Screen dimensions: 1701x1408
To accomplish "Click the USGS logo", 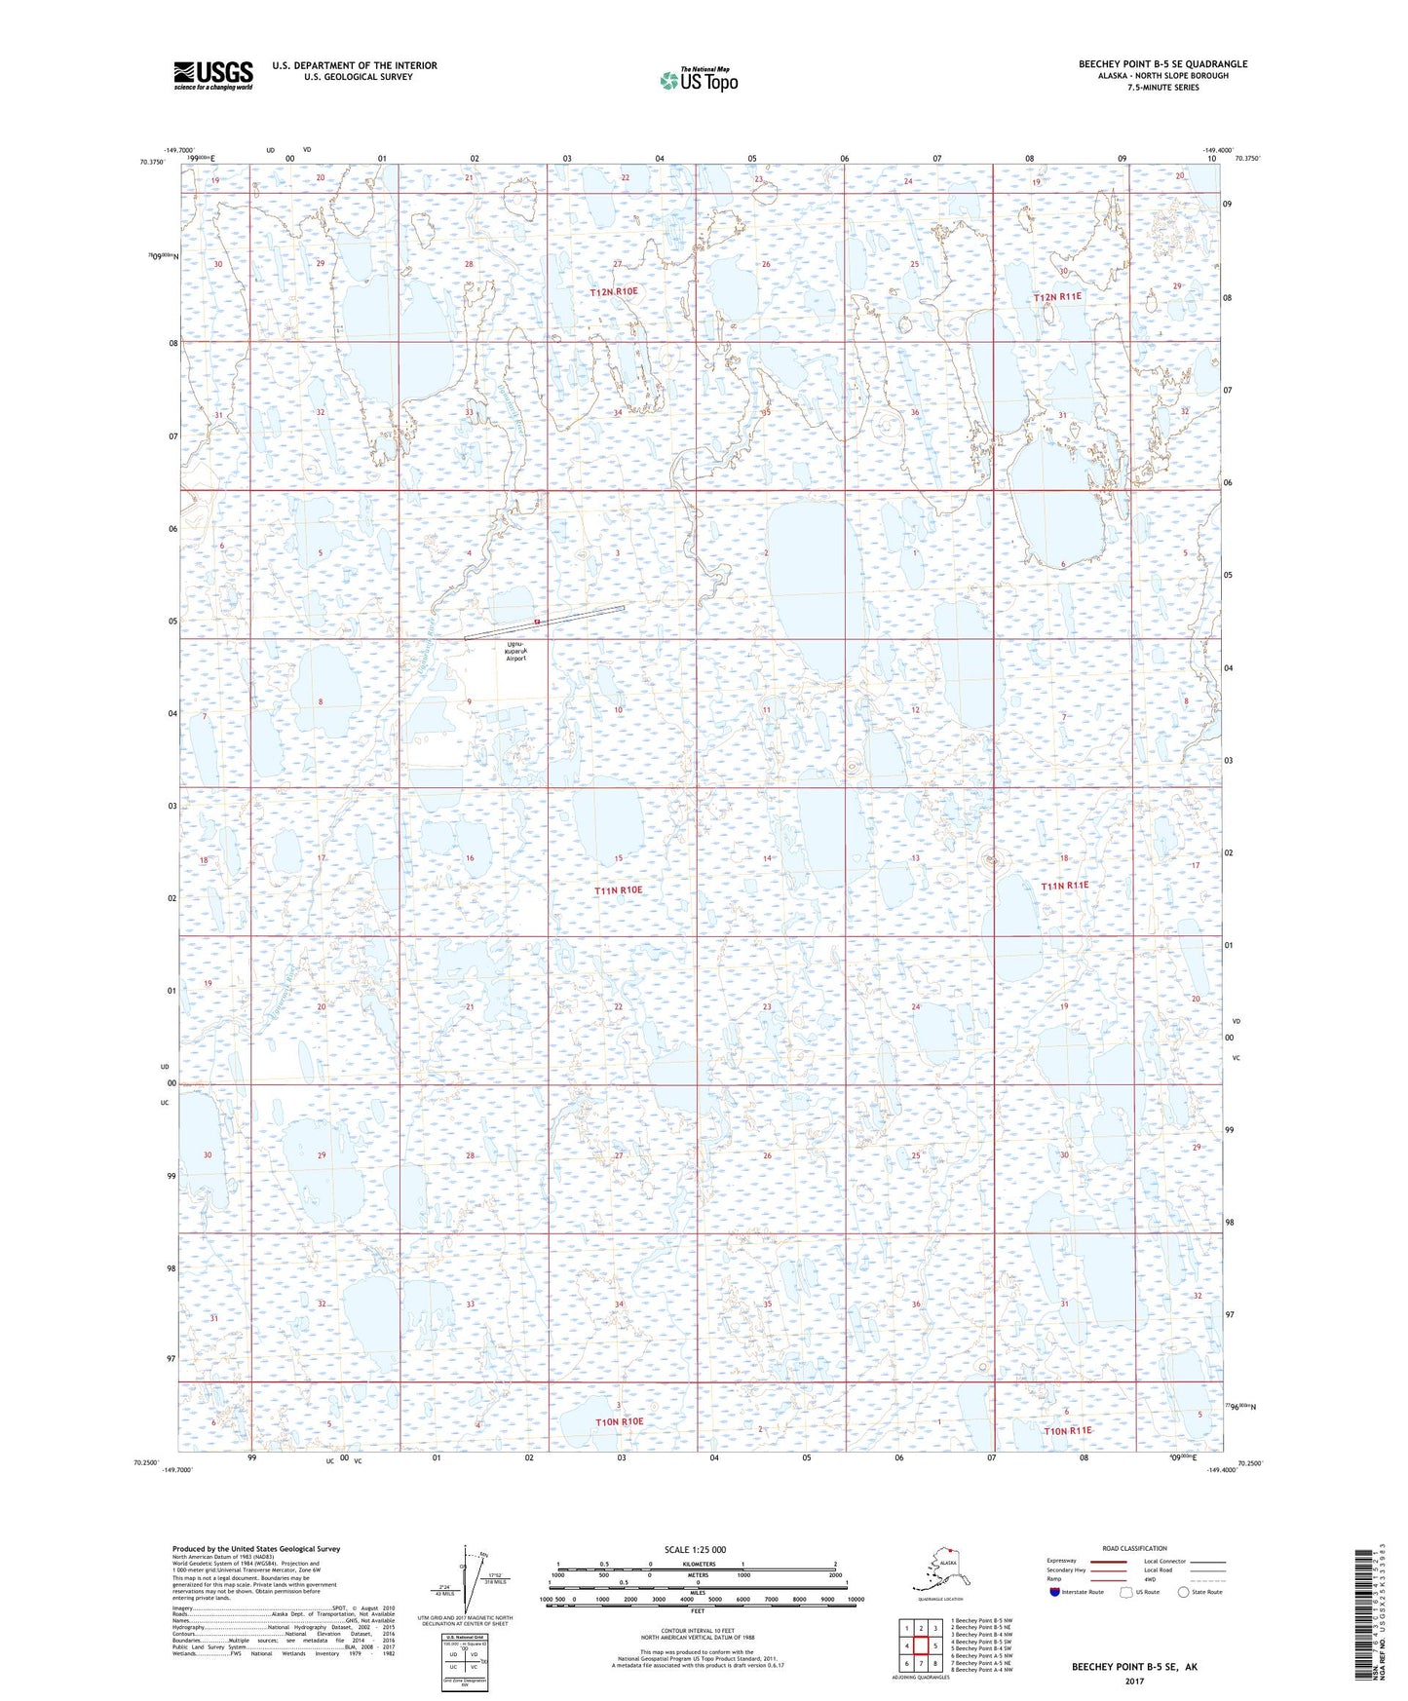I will pos(212,75).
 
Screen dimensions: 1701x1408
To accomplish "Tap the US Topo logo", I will pos(698,80).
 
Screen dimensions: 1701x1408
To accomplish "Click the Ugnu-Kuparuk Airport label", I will pos(516,652).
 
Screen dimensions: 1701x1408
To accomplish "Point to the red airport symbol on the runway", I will pos(536,621).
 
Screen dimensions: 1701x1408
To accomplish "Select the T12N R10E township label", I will pos(614,291).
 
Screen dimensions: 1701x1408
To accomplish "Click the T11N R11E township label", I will pos(1064,886).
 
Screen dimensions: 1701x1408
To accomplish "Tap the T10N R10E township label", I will pos(620,1421).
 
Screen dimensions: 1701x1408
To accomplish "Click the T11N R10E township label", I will pos(619,890).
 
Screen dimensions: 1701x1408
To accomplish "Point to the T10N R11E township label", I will pos(1068,1431).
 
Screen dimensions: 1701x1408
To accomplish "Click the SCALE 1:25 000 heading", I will pos(695,1550).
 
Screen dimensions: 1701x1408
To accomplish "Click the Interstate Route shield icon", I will pos(1054,1592).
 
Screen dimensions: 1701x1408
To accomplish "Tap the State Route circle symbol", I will pos(1184,1592).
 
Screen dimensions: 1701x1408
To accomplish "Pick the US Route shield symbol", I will pos(1127,1592).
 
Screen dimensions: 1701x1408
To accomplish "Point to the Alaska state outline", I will pos(939,1567).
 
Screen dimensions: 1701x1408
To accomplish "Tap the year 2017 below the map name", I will pos(1134,1681).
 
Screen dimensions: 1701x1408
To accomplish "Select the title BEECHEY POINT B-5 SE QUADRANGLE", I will pos(1162,64).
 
